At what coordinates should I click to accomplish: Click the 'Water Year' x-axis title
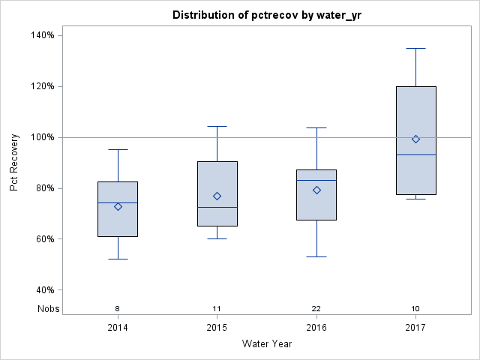[x=267, y=344]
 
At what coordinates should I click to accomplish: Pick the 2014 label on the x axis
[x=117, y=328]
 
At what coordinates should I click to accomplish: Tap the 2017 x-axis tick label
[x=415, y=328]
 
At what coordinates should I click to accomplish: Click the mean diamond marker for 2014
[x=118, y=206]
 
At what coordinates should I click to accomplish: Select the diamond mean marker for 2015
[x=217, y=196]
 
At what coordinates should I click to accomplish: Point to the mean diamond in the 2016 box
[x=316, y=190]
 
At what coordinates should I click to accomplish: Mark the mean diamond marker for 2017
[x=415, y=139]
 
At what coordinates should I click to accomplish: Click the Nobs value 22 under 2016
[x=316, y=309]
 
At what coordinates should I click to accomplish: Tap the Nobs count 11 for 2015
[x=217, y=309]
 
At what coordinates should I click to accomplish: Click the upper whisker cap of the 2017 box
[x=415, y=48]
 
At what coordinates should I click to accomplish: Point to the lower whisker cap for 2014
[x=118, y=259]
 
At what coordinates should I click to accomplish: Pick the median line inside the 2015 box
[x=217, y=207]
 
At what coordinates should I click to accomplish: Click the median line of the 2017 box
[x=415, y=154]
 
